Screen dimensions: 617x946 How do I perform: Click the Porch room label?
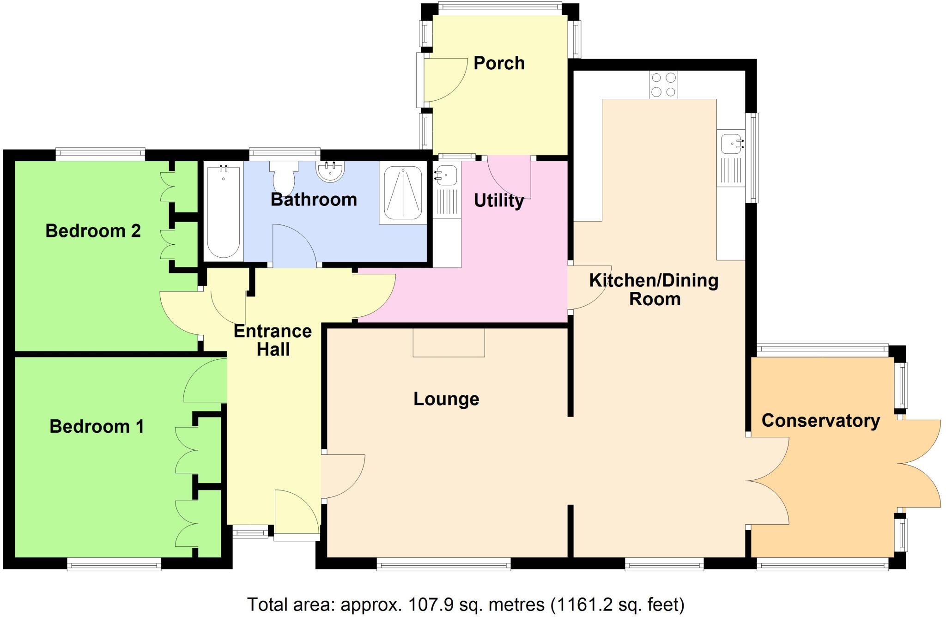click(499, 63)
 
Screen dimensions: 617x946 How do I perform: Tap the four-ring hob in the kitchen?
click(663, 85)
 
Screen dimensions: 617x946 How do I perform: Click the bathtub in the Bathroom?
click(224, 212)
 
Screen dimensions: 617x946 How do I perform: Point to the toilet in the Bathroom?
click(284, 178)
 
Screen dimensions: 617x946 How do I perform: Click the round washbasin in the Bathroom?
click(330, 171)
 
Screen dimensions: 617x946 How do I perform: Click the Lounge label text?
click(446, 399)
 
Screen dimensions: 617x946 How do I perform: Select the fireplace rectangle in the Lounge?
click(449, 342)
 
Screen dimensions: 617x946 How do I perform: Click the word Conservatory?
click(820, 421)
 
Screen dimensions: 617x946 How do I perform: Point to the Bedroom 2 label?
click(93, 230)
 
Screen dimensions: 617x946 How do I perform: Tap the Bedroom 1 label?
click(97, 426)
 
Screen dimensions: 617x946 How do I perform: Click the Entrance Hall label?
click(273, 340)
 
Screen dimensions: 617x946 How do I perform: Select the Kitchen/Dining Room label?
click(654, 290)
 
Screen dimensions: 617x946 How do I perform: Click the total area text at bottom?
click(466, 605)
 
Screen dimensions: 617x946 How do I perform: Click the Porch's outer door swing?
click(444, 79)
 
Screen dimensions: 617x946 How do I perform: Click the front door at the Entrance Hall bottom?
click(297, 513)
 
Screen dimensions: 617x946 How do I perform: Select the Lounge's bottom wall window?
click(443, 564)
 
